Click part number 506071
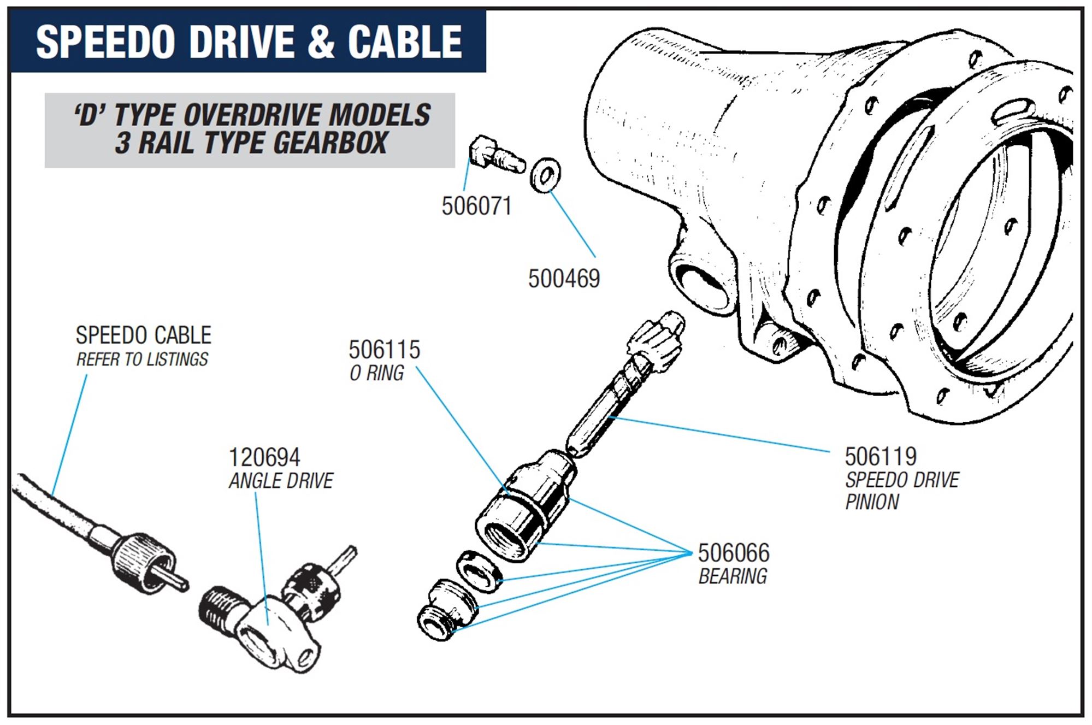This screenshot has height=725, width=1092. click(x=476, y=207)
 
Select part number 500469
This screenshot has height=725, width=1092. click(x=564, y=279)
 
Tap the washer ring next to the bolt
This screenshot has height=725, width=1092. click(x=545, y=175)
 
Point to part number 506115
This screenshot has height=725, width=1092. click(x=384, y=350)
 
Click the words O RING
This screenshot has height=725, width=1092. click(x=377, y=373)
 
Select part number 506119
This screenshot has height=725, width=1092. click(x=881, y=457)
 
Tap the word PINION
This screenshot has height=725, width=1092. click(x=872, y=502)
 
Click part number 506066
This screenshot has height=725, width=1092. click(x=734, y=553)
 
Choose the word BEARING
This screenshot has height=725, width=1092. click(x=733, y=576)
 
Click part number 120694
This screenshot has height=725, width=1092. click(x=264, y=457)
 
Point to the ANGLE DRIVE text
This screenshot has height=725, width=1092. click(x=281, y=481)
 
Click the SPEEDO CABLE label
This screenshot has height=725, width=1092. click(x=143, y=335)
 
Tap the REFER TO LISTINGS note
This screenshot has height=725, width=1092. click(x=142, y=359)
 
